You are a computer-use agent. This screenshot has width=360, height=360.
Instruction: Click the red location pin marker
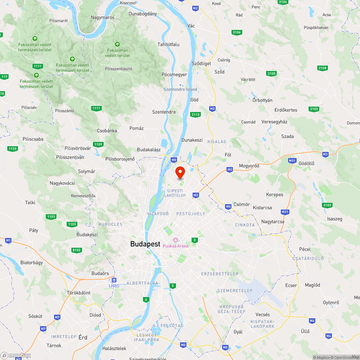180,172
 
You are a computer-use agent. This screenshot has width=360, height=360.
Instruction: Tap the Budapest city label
145,244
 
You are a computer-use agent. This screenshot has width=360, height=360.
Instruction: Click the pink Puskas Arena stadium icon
176,240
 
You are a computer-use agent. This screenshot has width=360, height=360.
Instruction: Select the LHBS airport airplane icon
114,280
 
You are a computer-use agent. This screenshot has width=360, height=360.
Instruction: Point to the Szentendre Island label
180,89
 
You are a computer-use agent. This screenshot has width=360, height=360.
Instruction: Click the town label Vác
191,26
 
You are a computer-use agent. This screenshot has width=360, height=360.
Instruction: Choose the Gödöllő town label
306,163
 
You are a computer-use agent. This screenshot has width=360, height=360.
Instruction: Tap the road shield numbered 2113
195,114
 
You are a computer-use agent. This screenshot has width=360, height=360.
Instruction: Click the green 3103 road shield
327,205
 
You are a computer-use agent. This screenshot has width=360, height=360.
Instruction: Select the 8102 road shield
77,250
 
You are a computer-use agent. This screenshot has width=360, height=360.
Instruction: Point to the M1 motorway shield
9,240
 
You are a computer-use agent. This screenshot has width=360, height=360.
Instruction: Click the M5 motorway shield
225,347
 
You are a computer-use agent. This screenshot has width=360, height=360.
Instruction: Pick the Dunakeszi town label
192,140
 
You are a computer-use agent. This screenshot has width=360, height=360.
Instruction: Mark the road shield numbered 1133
12,149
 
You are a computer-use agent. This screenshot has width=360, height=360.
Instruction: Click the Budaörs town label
100,274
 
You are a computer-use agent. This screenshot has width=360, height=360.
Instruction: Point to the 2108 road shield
323,68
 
